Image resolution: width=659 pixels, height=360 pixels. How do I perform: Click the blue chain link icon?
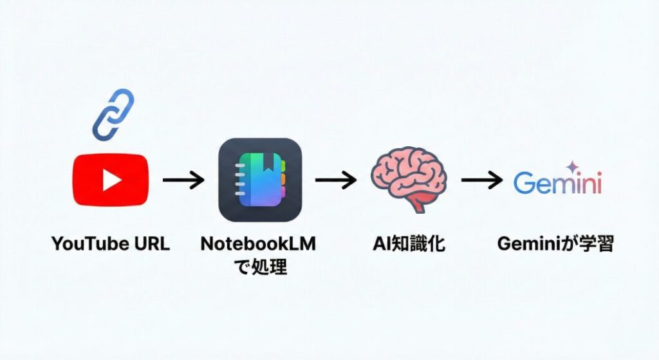coord(113,115)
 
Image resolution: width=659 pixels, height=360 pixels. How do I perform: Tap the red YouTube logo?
coord(111,180)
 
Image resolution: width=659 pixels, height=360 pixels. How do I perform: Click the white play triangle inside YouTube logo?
coord(112,180)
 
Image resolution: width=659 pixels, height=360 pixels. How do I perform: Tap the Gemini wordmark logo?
coord(557,184)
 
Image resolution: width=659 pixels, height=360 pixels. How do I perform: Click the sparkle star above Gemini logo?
coord(570,166)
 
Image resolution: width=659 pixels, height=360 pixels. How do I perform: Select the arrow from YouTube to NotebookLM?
coord(183,180)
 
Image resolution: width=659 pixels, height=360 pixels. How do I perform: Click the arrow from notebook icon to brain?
coord(335,180)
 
